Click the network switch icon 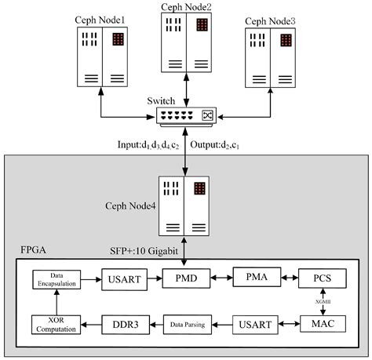(x=186, y=115)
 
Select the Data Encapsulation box (x=54, y=279)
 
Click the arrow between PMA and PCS (x=289, y=278)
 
